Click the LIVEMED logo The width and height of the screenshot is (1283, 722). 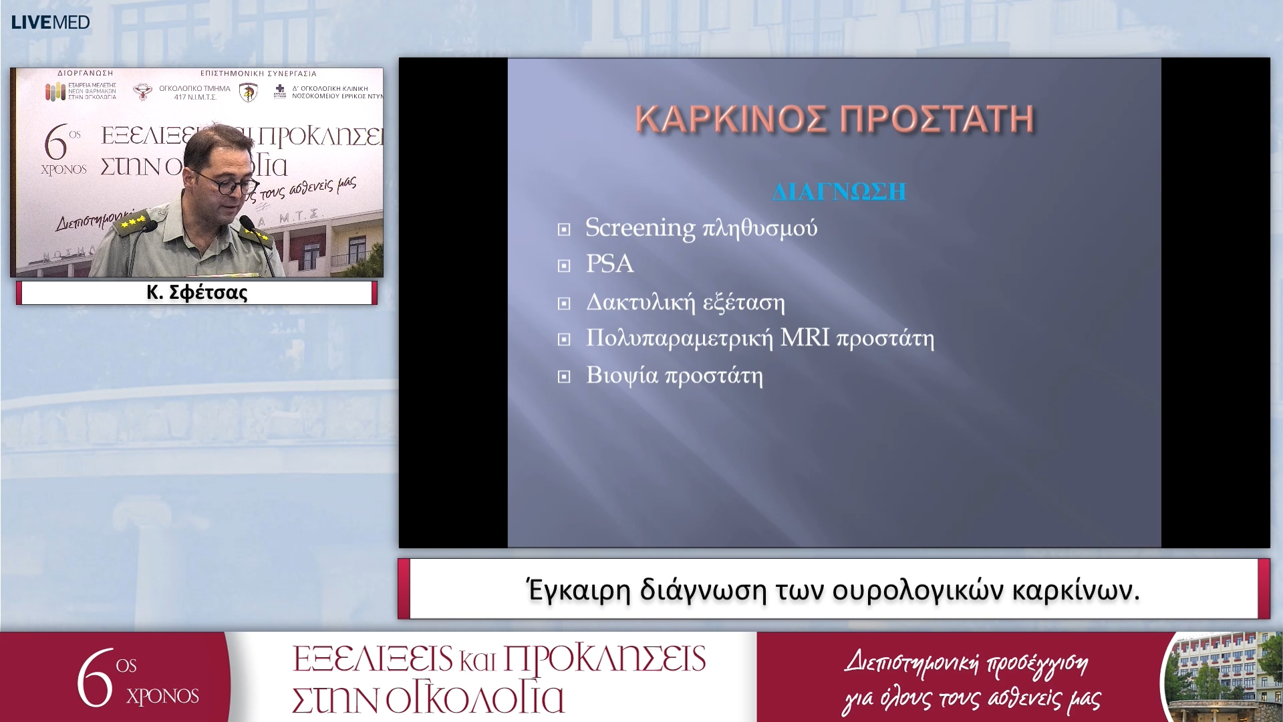click(x=50, y=22)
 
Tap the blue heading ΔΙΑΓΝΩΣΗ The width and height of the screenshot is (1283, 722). click(x=839, y=192)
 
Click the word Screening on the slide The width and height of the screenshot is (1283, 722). click(x=639, y=228)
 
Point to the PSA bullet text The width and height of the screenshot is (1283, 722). click(x=609, y=263)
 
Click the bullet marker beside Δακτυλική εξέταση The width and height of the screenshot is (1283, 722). click(x=564, y=304)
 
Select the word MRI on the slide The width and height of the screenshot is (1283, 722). click(x=805, y=338)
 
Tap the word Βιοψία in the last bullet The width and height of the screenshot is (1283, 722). click(x=621, y=376)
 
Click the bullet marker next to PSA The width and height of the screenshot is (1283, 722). click(x=564, y=266)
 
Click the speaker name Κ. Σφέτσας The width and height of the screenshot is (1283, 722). click(x=196, y=293)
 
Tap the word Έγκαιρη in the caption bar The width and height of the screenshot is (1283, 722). click(x=579, y=590)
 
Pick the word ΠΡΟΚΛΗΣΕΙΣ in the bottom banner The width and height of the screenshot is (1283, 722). click(x=604, y=658)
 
